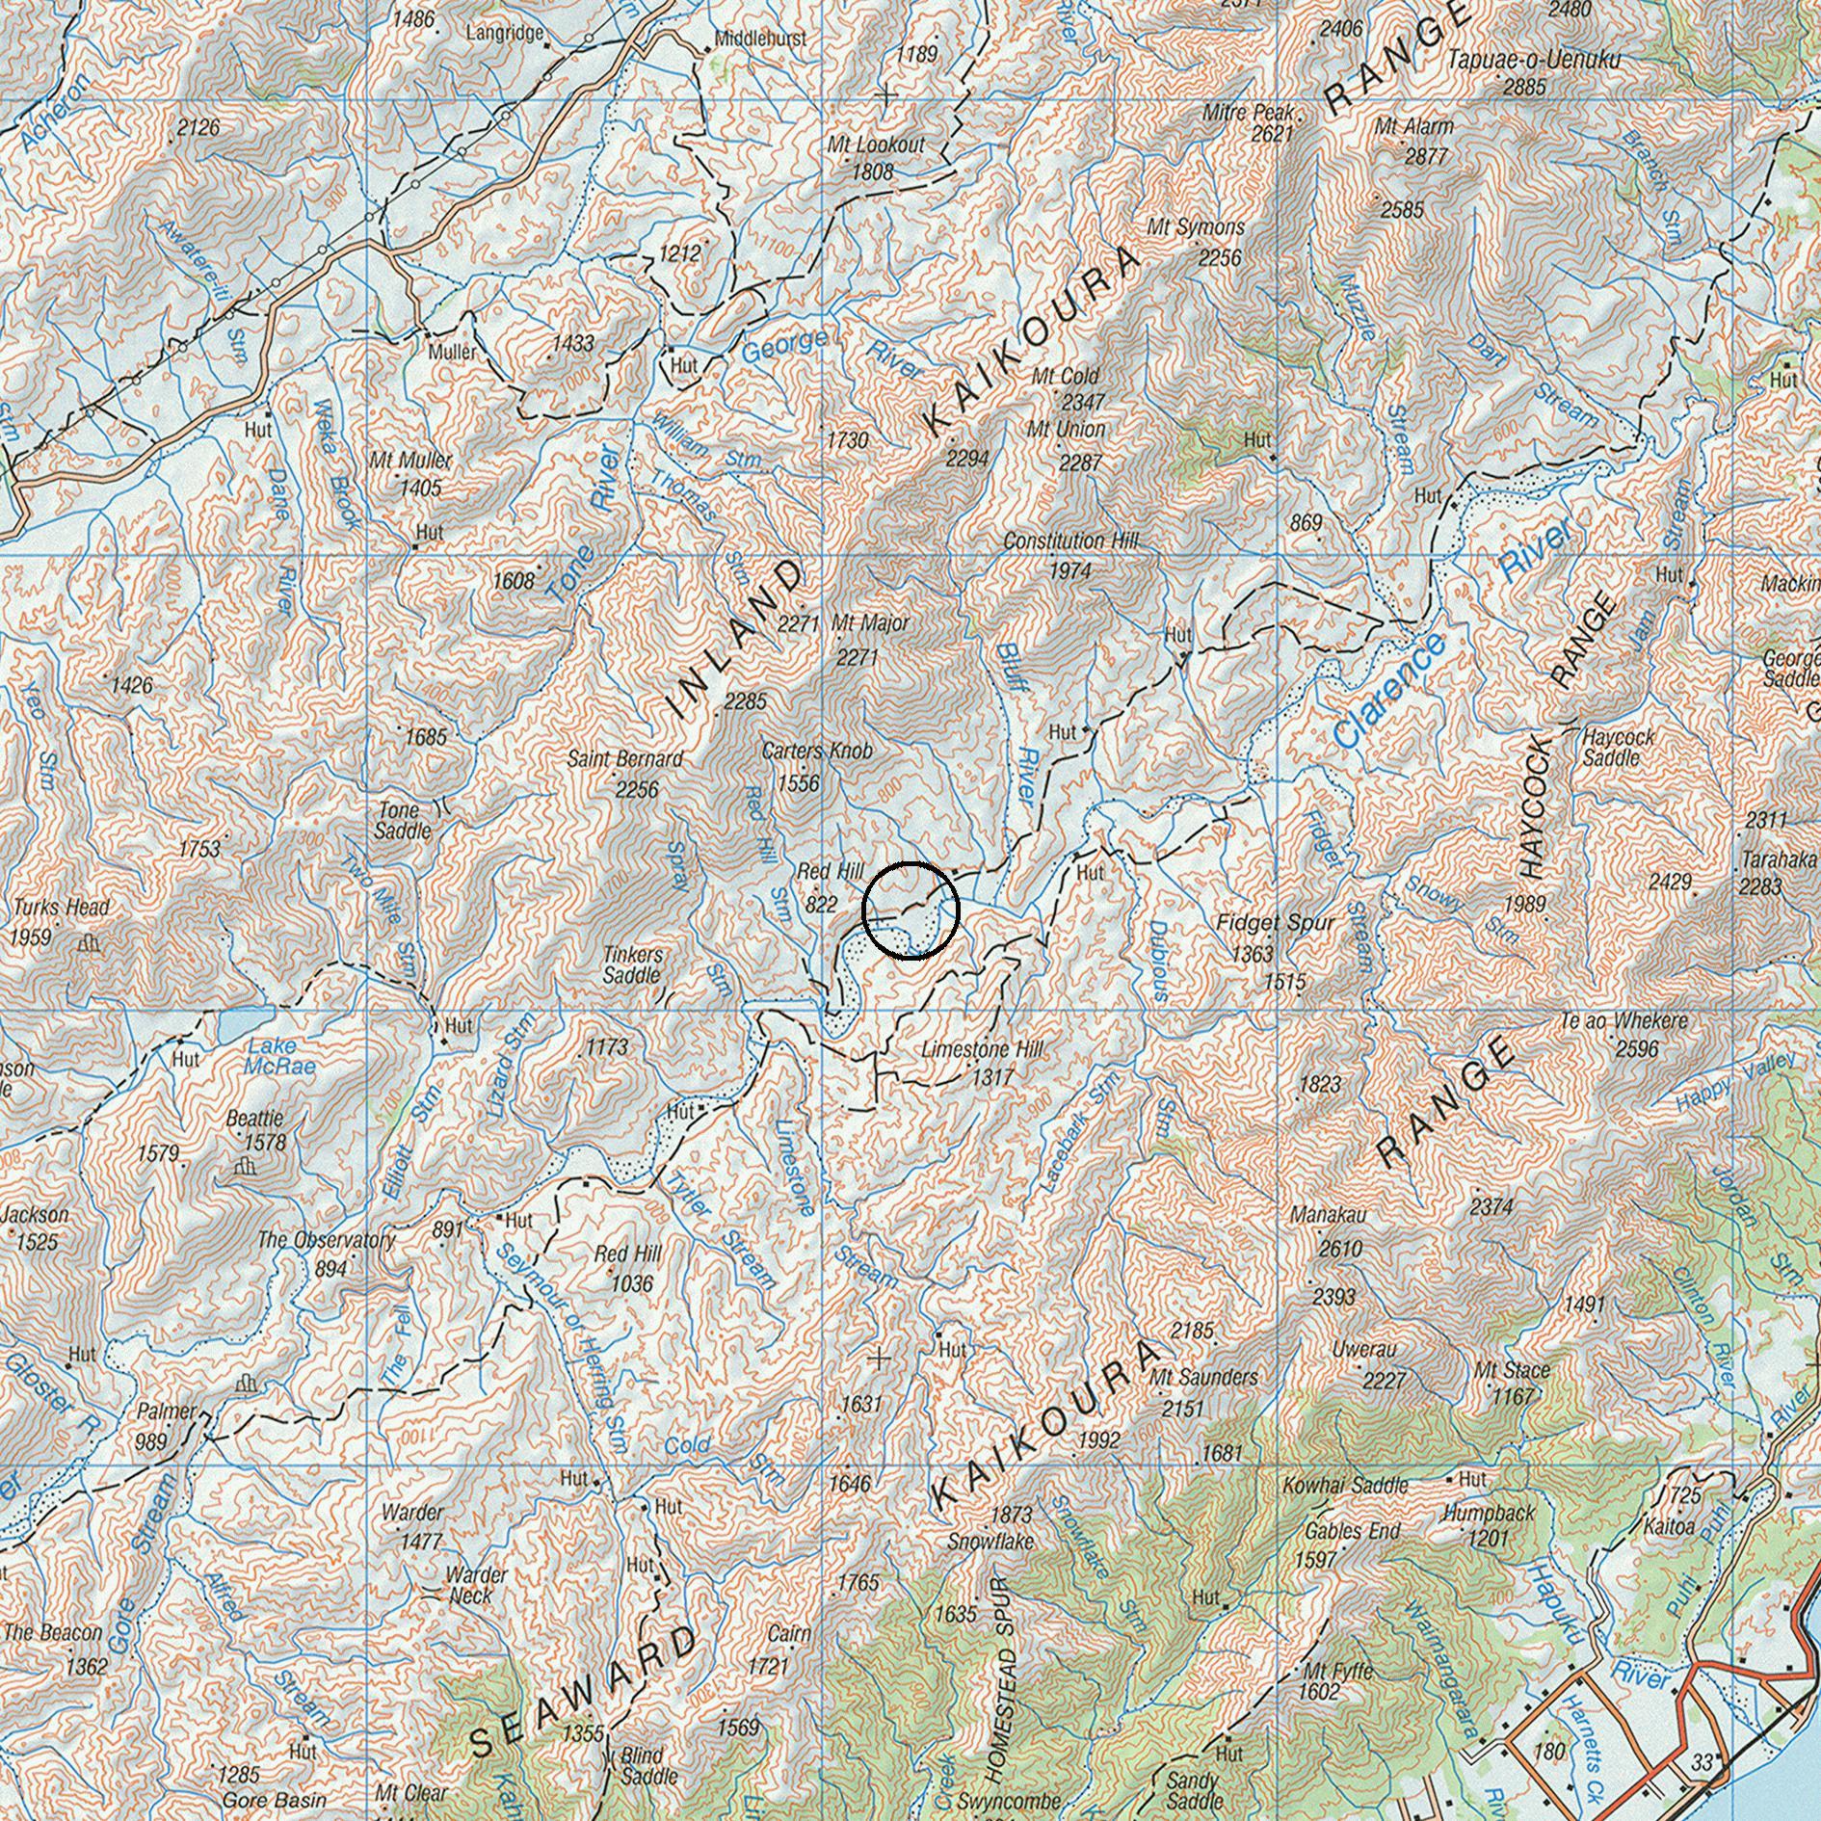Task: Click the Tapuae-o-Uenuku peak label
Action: (1534, 60)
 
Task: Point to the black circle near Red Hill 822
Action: (910, 910)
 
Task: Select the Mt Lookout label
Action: (876, 145)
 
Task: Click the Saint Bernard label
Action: (624, 759)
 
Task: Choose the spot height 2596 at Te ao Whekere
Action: (1636, 1048)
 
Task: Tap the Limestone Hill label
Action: (982, 1049)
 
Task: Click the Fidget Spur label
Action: (1275, 923)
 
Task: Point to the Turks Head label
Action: (61, 908)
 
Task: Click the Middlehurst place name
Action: (760, 40)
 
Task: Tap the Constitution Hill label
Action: (1070, 541)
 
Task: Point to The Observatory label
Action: (326, 1240)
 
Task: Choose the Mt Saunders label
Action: (1203, 1378)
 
